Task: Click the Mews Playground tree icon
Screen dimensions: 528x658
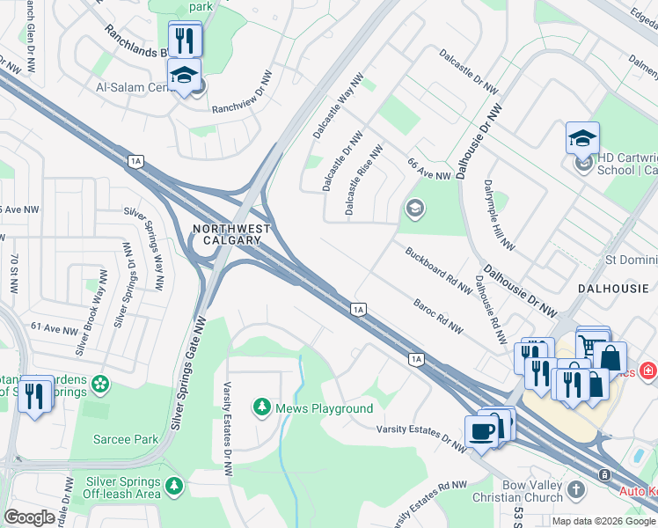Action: tap(261, 407)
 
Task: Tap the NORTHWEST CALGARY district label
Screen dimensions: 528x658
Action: tap(226, 234)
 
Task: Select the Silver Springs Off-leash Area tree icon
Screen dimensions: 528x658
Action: tap(174, 485)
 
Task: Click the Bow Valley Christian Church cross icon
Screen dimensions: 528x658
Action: tap(575, 489)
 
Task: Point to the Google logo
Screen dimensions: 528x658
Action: tap(29, 517)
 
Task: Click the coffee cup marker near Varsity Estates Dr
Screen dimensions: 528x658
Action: tap(482, 431)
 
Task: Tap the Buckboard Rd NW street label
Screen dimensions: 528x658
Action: tap(439, 270)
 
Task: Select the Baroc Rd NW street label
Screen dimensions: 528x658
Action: tap(437, 317)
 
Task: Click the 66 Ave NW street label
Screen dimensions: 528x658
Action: tap(428, 171)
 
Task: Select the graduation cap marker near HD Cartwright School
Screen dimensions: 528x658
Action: tap(582, 138)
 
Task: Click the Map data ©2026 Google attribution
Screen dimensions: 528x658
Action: tap(603, 521)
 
